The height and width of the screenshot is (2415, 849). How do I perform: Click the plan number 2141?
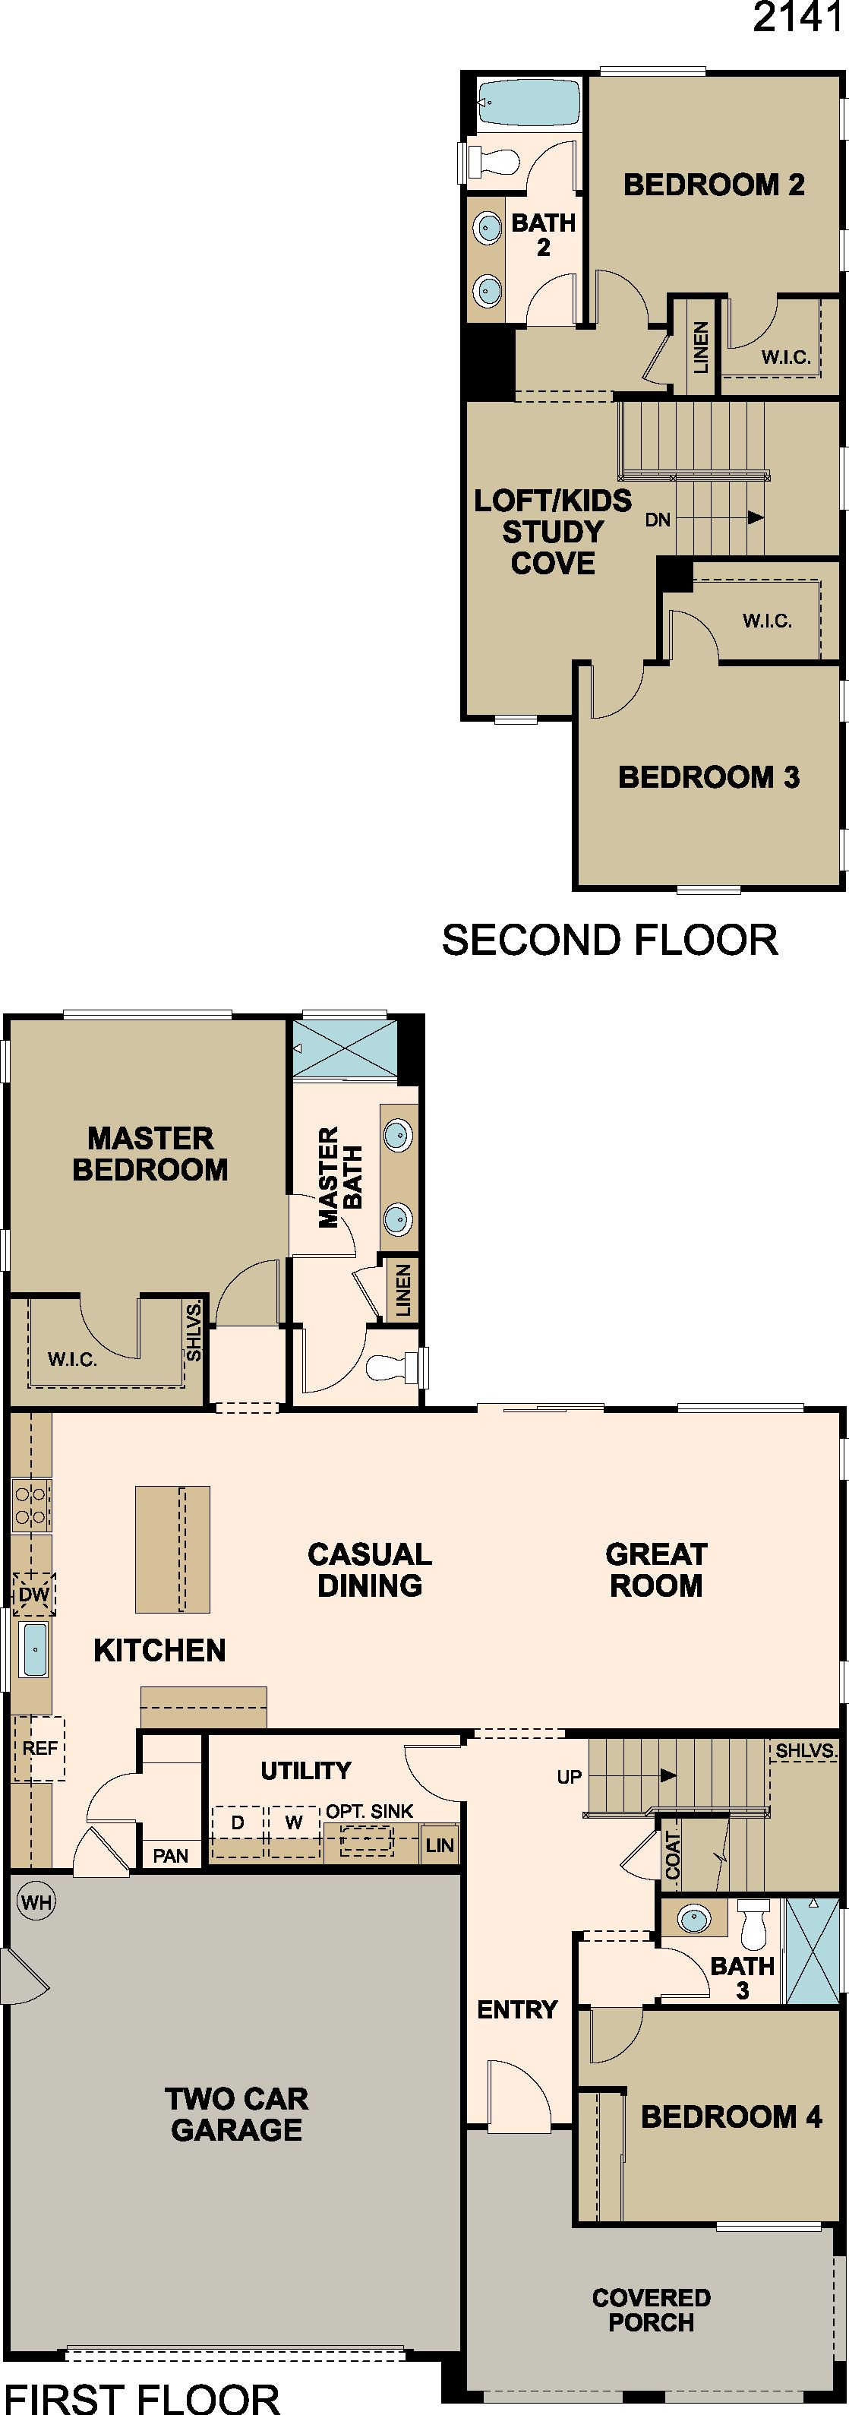tap(797, 17)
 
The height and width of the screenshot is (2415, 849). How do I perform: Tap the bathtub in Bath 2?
tap(529, 103)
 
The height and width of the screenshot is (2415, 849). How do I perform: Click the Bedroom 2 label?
tap(714, 185)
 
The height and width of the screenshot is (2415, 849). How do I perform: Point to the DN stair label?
tap(658, 520)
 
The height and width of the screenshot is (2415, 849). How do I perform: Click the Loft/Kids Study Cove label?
tap(553, 532)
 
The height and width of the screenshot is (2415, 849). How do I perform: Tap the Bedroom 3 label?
tap(709, 776)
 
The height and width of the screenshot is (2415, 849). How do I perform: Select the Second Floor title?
tap(610, 940)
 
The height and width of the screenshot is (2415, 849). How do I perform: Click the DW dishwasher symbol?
tap(33, 1594)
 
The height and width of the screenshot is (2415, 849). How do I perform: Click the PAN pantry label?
tap(171, 1856)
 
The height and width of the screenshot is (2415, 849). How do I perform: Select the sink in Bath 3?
tap(694, 1919)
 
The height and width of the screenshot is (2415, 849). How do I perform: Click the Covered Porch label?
tap(652, 2310)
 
